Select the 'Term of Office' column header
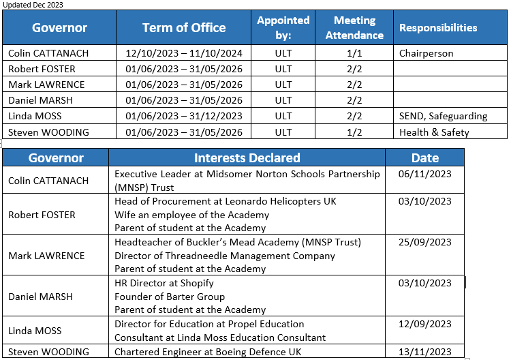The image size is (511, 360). coord(184,28)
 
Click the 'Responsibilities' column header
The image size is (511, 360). coord(438,28)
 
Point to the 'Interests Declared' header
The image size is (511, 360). coord(247,158)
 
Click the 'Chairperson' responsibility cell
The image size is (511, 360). coord(426,53)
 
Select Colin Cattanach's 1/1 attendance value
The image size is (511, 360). coord(354,53)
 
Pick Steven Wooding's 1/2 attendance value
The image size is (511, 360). coord(354,132)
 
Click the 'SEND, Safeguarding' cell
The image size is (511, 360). coord(443,116)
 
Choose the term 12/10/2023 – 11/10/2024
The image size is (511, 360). coord(184,53)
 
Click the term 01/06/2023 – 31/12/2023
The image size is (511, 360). coord(184,116)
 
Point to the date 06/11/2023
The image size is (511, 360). coord(425,174)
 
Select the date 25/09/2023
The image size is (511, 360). coord(425,242)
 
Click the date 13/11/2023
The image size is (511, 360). coord(425,352)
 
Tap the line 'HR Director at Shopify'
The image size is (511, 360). coord(164,283)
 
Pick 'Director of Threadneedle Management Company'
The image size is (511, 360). coord(225,256)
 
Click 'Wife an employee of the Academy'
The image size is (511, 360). coord(190,215)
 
